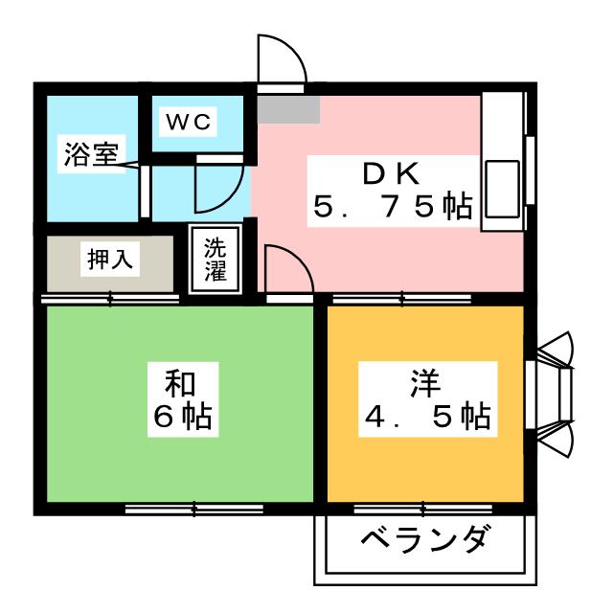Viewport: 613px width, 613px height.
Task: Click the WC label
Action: click(190, 122)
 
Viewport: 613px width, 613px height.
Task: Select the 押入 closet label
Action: click(109, 259)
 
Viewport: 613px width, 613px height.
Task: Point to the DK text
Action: click(390, 173)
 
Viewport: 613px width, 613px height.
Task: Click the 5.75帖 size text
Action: click(393, 206)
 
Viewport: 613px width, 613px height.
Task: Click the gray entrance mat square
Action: click(288, 108)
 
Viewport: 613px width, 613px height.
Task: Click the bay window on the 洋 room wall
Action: click(553, 394)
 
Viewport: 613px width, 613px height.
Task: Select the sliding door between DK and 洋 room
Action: click(402, 300)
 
